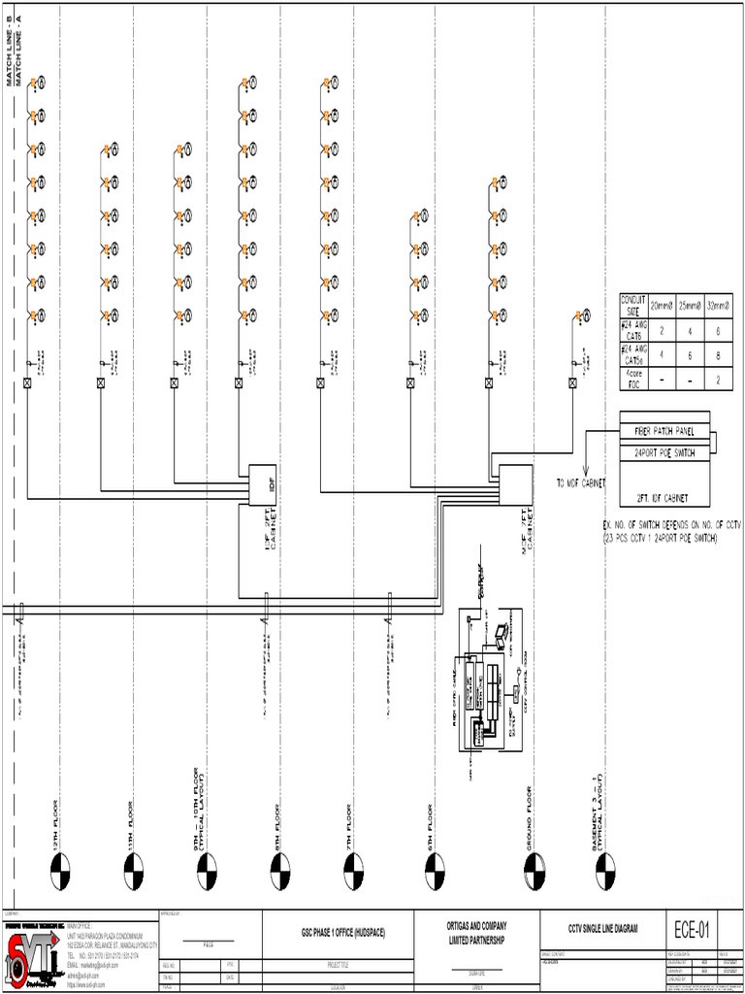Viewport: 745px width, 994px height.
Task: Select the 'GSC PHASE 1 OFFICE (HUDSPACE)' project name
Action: (x=342, y=933)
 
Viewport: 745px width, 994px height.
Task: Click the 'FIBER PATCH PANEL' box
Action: (x=664, y=430)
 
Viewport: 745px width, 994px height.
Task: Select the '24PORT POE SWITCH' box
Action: (x=664, y=453)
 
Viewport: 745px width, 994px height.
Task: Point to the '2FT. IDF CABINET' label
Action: (x=664, y=498)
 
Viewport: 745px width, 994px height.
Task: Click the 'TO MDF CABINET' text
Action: (x=581, y=482)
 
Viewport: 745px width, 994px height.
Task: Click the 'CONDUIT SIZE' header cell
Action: (x=633, y=305)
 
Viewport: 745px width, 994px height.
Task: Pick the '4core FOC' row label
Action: (x=633, y=380)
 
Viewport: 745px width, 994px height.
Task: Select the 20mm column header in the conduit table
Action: (x=662, y=305)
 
